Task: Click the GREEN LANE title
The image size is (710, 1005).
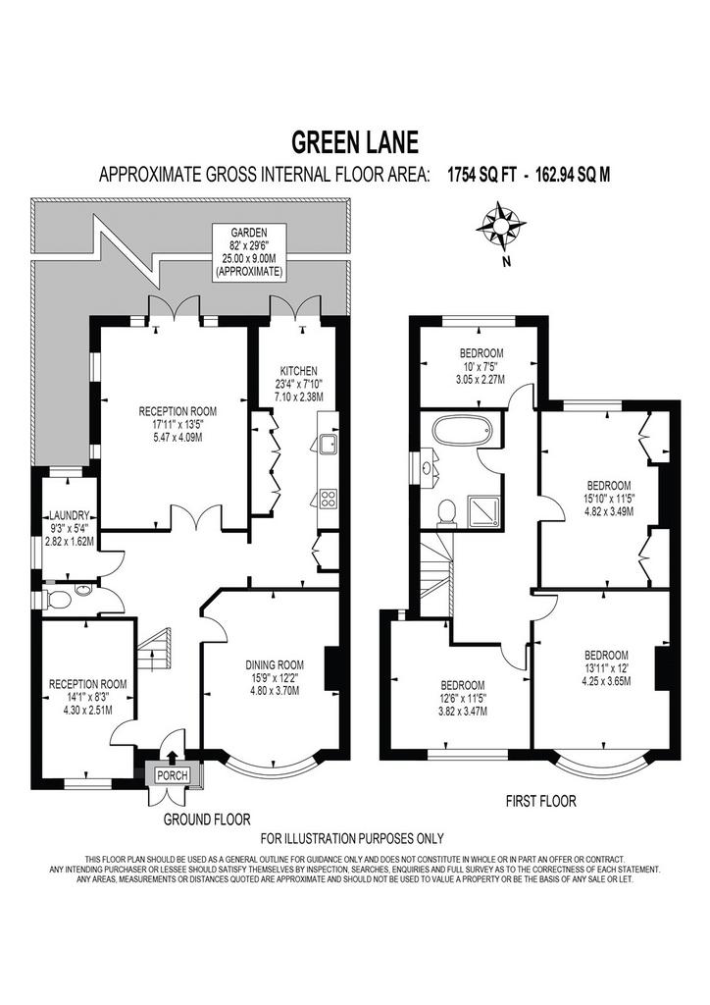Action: click(355, 141)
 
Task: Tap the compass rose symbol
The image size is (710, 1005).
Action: click(501, 227)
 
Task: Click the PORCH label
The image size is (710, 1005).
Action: click(173, 775)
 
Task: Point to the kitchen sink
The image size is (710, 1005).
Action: click(328, 444)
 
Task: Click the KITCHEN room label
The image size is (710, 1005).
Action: click(298, 371)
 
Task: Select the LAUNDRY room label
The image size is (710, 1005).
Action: click(70, 514)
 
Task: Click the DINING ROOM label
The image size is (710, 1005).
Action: click(276, 664)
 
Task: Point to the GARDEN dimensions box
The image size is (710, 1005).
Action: click(249, 252)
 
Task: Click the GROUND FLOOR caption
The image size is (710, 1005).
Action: click(207, 819)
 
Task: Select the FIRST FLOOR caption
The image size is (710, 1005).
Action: click(541, 801)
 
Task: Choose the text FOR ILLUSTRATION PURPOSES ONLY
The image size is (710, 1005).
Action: click(352, 838)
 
